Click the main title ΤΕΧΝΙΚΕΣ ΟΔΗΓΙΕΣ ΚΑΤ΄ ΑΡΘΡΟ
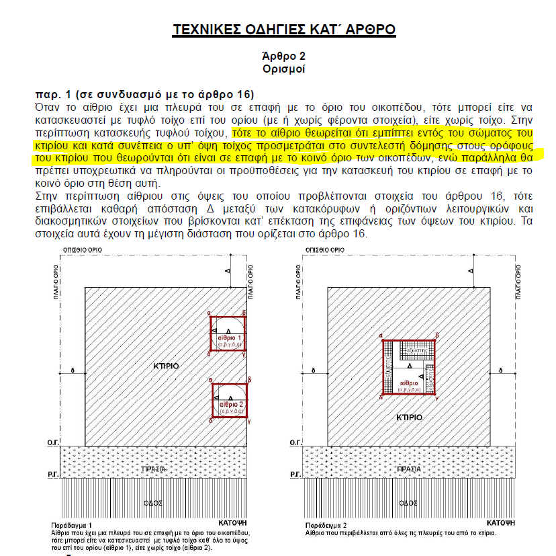284,30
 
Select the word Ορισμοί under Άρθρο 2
283,69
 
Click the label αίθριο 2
230,403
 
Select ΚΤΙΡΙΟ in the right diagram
408,417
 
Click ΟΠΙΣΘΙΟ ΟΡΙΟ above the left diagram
83,249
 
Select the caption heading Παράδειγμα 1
71,524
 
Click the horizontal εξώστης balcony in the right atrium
414,352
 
